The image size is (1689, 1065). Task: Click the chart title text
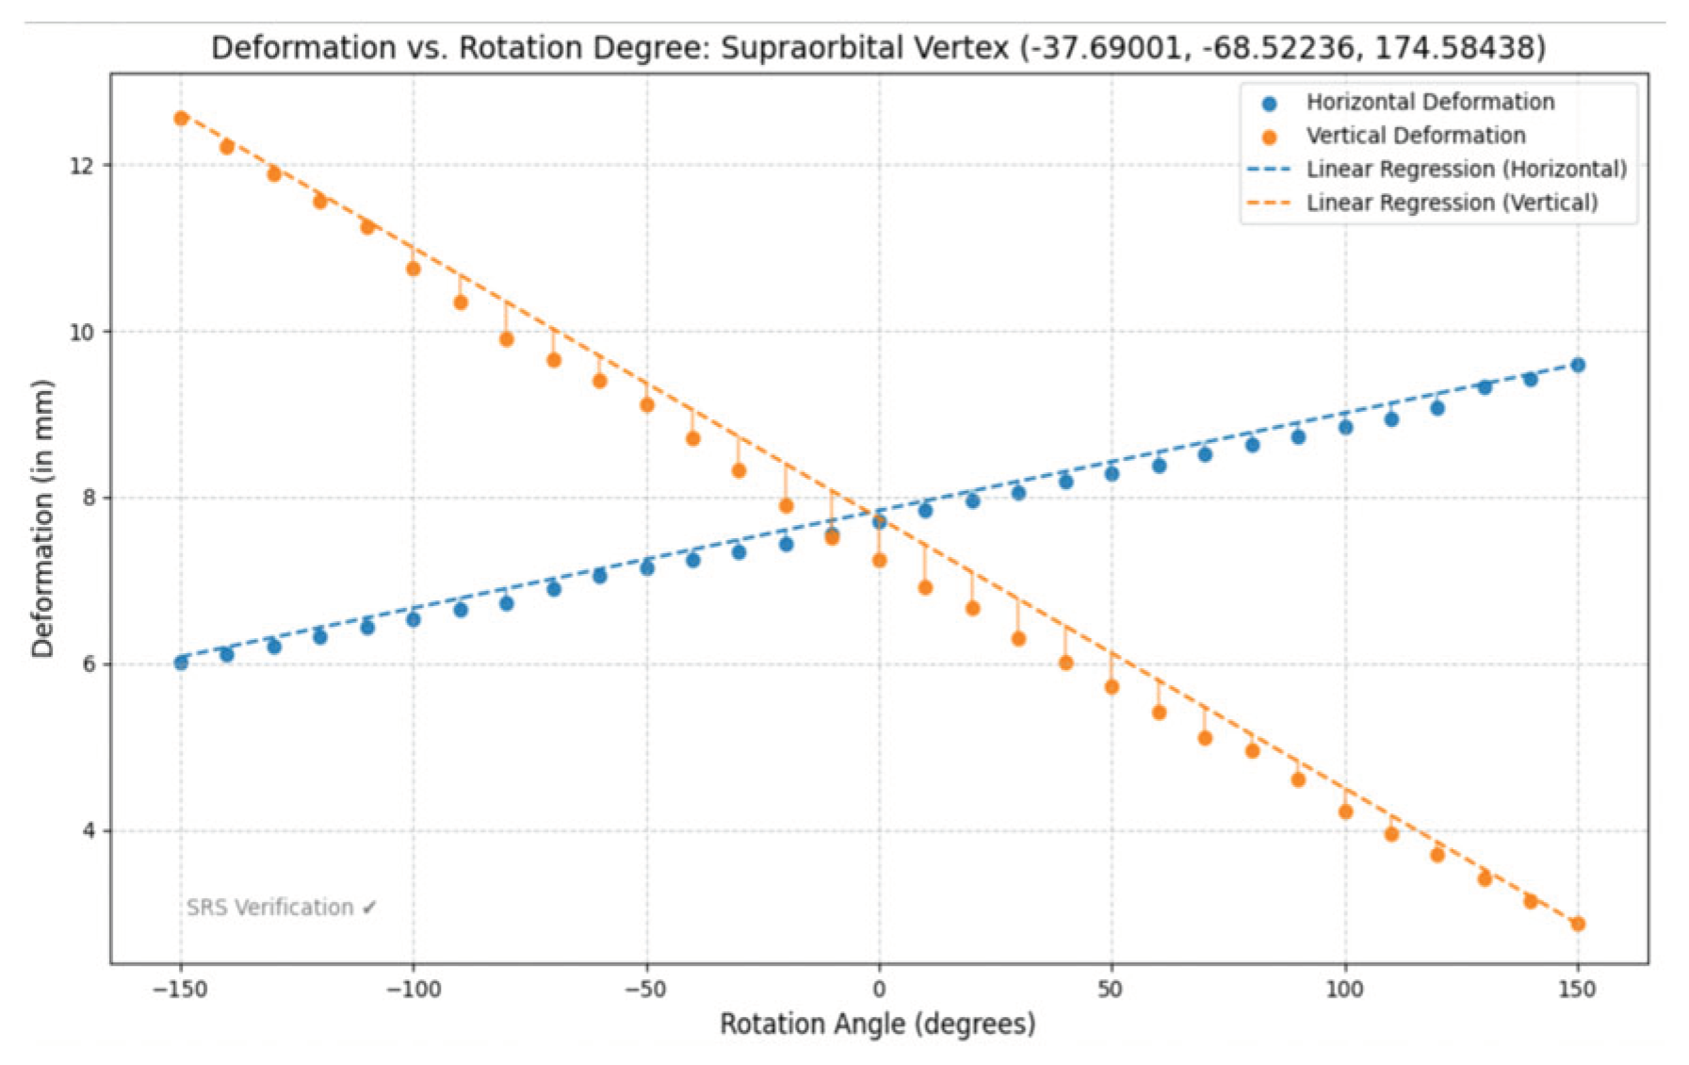pos(877,47)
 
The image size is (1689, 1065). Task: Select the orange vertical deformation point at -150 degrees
pos(181,118)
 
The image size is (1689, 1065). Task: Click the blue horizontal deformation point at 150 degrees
pos(1577,365)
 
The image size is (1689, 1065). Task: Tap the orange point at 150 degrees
pos(1577,924)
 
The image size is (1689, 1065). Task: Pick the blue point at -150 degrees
pos(181,663)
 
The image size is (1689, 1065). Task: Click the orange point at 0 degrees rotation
pos(879,560)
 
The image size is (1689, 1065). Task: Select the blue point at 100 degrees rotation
pos(1345,427)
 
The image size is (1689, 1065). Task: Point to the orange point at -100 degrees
pos(413,269)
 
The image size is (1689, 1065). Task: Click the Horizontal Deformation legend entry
pos(1429,102)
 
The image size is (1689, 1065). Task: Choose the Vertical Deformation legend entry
pos(1415,136)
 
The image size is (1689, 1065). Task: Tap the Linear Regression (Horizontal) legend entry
pos(1465,170)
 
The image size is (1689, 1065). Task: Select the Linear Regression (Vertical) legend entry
pos(1451,203)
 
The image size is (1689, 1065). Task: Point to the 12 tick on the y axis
pos(82,166)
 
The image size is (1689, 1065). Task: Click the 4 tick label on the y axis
pos(89,831)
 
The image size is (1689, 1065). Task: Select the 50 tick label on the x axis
pos(1111,989)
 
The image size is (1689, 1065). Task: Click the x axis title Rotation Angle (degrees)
pos(877,1024)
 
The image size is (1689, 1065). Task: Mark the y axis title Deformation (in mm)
pos(41,518)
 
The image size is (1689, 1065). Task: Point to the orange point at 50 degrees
pos(1112,686)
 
